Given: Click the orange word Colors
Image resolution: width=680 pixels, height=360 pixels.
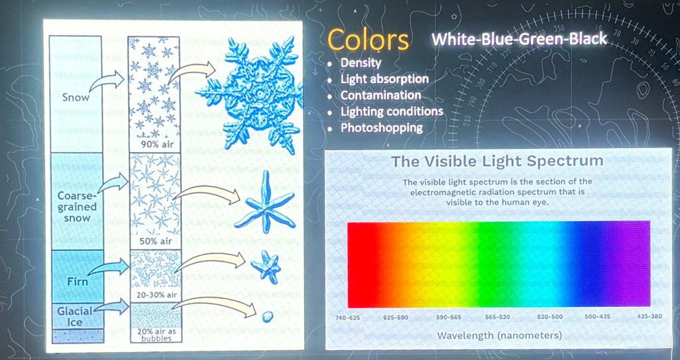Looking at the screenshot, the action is point(368,40).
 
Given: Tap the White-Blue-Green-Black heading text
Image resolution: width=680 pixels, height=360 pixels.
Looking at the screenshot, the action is point(519,39).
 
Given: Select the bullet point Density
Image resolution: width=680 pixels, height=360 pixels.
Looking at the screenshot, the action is point(361,62).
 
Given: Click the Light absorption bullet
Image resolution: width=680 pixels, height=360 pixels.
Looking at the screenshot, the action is point(384,79).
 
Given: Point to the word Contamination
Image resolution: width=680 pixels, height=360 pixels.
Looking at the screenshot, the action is point(381,95).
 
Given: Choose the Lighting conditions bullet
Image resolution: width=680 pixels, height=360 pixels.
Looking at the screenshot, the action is point(392,112).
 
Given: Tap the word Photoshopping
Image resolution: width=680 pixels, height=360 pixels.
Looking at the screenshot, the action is point(382,128).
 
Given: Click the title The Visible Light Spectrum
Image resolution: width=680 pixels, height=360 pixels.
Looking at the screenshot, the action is point(497,161).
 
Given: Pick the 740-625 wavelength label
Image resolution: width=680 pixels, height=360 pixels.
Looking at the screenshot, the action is point(347,317).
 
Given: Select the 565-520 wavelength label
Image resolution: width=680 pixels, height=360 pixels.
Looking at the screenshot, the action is point(497,317).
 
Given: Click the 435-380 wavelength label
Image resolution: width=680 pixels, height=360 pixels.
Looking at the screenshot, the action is point(649,316).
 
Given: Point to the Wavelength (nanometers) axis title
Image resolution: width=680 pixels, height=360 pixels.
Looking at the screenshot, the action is point(499,335).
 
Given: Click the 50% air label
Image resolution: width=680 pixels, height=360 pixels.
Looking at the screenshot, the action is point(155,241).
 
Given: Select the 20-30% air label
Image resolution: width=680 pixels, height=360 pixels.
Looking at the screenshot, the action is point(155,296).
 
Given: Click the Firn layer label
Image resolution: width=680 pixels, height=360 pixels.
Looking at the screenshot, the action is point(78,282).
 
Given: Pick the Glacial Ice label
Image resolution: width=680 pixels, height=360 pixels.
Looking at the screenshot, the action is point(75,317).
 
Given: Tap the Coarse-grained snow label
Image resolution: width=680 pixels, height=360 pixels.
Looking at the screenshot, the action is point(77,207).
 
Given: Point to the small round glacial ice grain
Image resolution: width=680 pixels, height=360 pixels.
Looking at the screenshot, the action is point(268,317).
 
